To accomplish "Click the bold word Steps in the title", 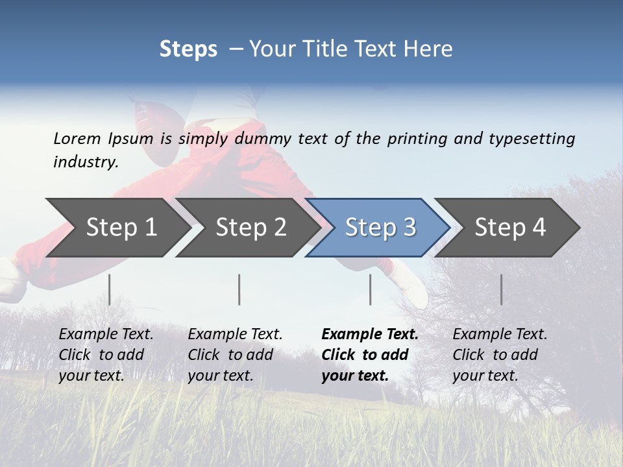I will click(188, 49).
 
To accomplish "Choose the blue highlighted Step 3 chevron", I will click(380, 228).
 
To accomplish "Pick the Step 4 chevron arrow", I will click(510, 228).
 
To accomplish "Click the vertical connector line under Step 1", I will click(110, 289).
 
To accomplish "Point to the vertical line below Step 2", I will click(239, 289).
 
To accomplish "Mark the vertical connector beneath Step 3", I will click(371, 289).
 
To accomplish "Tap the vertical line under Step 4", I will click(501, 289).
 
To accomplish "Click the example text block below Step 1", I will click(106, 355).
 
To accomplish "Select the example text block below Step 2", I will click(235, 355).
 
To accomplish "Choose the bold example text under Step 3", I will click(369, 355).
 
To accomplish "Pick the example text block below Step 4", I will click(500, 355).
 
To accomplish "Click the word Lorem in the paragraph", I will click(77, 138).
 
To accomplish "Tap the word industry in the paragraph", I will click(85, 162).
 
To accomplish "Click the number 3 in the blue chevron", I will click(409, 228).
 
